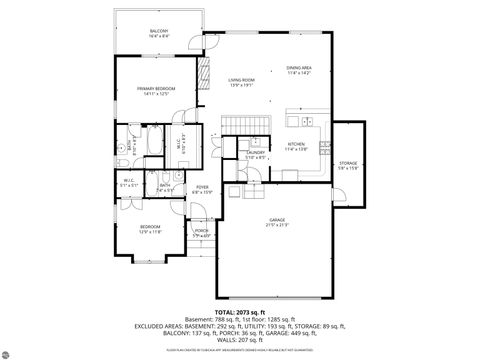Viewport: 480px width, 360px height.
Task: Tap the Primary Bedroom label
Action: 157,91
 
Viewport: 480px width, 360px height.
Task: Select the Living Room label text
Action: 241,82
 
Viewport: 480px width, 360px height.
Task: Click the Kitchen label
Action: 295,147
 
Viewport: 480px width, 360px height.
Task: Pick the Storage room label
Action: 348,164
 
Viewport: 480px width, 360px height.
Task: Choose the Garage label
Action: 277,222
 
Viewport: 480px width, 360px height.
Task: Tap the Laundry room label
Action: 255,155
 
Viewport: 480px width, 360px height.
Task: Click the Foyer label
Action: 202,189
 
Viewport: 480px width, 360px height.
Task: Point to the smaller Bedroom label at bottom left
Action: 151,229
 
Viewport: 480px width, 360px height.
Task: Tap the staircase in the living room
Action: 238,123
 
